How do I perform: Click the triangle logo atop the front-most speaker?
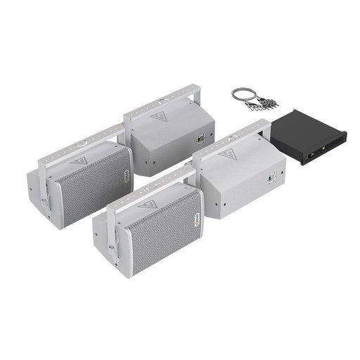point(146,205)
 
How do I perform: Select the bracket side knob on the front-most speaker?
point(110,245)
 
